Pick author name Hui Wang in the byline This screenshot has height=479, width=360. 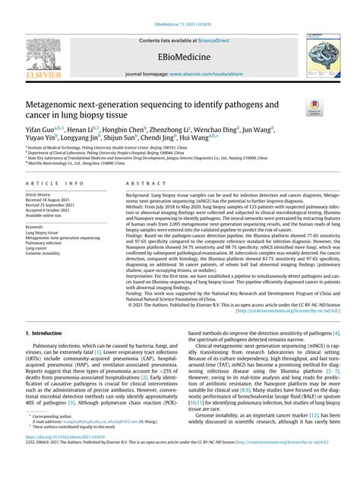(201, 140)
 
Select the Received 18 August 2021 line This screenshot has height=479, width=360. (52, 200)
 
